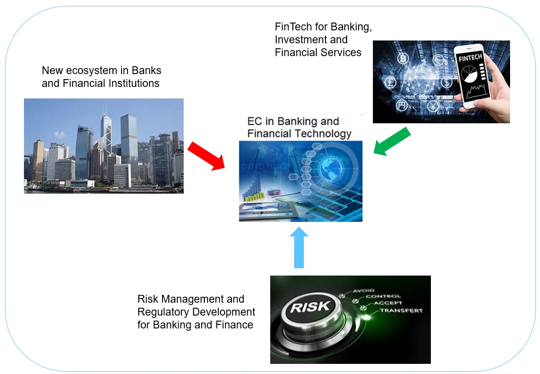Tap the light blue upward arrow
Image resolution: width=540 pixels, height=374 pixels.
[299, 248]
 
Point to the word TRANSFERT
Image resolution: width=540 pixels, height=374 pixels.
[401, 311]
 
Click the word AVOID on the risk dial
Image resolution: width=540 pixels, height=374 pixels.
[363, 291]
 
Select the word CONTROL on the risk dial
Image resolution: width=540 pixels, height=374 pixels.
[383, 297]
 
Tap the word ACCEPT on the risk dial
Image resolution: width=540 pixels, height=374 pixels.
[388, 303]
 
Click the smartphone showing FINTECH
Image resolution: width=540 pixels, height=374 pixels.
[474, 76]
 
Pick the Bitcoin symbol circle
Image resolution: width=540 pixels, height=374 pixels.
[404, 59]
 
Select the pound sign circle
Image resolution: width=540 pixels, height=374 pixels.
[390, 83]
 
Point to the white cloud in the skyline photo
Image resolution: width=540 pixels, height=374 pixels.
[59, 135]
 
